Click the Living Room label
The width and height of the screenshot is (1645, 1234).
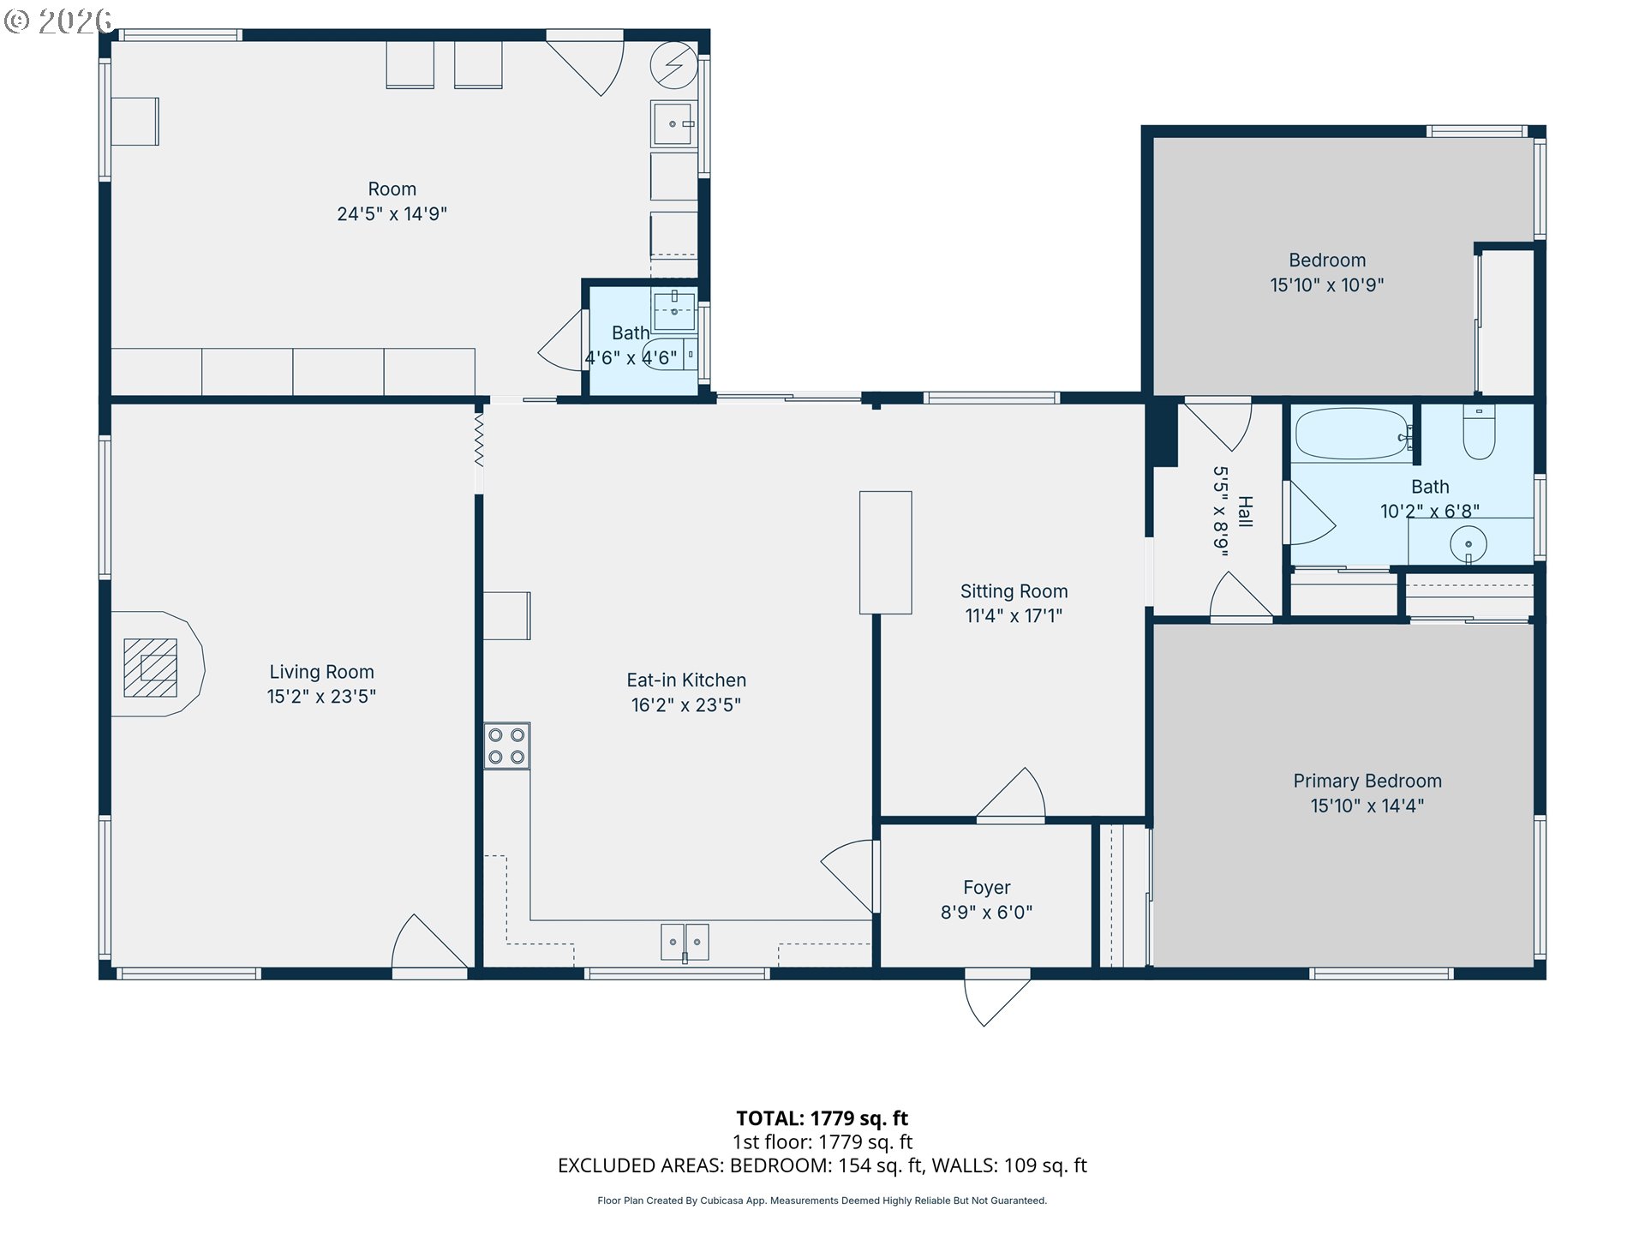pos(321,672)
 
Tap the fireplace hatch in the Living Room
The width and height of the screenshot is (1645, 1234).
pos(150,668)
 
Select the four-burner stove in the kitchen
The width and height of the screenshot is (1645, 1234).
pos(506,746)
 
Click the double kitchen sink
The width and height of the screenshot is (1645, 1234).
pos(685,942)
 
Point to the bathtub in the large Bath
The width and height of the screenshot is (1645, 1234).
pos(1352,434)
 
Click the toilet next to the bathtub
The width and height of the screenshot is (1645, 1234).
pos(1479,433)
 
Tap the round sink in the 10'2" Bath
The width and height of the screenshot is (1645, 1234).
pos(1469,543)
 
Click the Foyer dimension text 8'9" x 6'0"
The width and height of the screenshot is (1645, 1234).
pos(986,912)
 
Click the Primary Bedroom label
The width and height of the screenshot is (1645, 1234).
pos(1367,781)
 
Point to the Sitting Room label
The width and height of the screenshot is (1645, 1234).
pos(1014,591)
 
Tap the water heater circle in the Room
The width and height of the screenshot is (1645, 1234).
pos(674,65)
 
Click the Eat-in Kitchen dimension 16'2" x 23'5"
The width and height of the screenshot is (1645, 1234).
pos(686,704)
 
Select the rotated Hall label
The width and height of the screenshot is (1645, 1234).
pos(1246,512)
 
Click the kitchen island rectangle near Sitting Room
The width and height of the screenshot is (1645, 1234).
pos(886,553)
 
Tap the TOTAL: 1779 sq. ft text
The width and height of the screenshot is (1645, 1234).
pos(822,1118)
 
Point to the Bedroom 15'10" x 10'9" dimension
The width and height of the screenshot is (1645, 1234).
pos(1327,285)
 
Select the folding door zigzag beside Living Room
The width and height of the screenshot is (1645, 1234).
pos(479,440)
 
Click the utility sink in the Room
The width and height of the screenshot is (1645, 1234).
pos(674,124)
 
